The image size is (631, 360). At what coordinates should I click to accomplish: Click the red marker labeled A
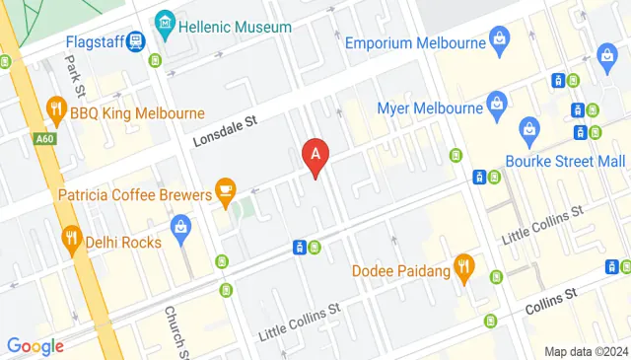[315, 156]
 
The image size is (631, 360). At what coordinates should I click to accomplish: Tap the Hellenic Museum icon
[165, 22]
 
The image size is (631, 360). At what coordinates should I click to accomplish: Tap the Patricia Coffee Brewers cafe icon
[226, 188]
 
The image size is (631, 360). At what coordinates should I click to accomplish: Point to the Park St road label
[72, 70]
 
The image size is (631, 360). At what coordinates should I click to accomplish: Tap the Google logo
[35, 345]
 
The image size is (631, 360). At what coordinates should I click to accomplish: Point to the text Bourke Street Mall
[565, 160]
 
